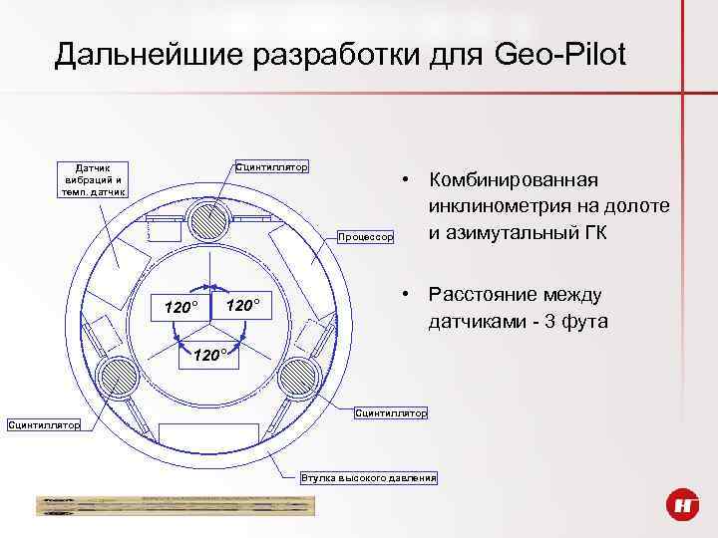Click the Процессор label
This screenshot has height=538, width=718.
pos(366,236)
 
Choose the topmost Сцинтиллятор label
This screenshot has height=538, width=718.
pos(271,165)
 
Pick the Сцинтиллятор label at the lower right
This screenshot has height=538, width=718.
pos(391,411)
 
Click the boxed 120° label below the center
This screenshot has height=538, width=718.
pos(209,356)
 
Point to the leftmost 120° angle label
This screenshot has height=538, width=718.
pos(180,305)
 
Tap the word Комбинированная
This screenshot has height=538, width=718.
pos(513,179)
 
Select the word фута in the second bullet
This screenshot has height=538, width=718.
pos(583,322)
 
